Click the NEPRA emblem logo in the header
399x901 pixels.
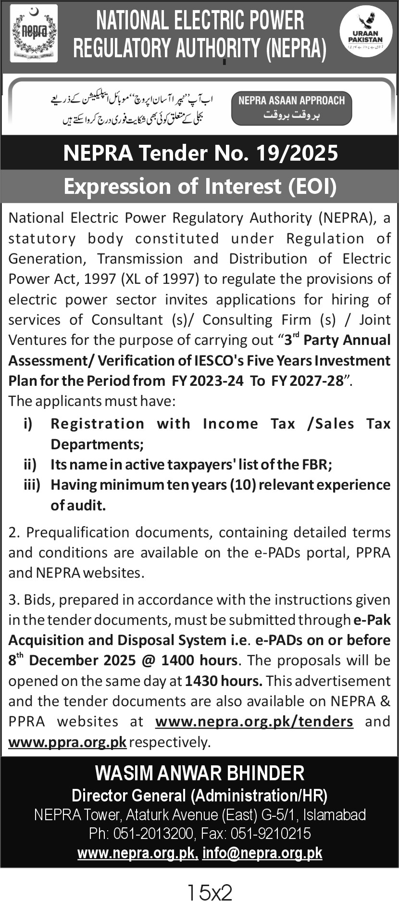click(34, 34)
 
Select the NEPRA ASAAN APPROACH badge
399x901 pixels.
click(291, 107)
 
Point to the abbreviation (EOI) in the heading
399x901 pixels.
click(312, 186)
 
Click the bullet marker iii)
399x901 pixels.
click(32, 485)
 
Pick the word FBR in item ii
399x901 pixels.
click(315, 465)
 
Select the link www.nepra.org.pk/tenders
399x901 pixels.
click(254, 722)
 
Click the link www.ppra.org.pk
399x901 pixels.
click(67, 742)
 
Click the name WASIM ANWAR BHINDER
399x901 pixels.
click(199, 773)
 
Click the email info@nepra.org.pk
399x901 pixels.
click(262, 853)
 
